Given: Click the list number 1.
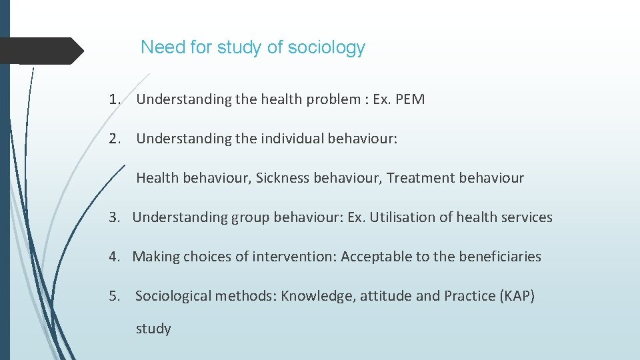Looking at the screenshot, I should [x=115, y=100].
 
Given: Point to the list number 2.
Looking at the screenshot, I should [x=115, y=139].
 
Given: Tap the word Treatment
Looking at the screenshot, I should [x=417, y=178].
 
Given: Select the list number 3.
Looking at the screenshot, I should [x=115, y=217].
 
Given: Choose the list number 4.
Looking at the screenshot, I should [x=115, y=257].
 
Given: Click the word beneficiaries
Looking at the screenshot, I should [x=499, y=257].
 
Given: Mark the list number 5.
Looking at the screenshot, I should [x=115, y=296].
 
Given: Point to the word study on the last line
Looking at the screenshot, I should [x=153, y=329].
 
